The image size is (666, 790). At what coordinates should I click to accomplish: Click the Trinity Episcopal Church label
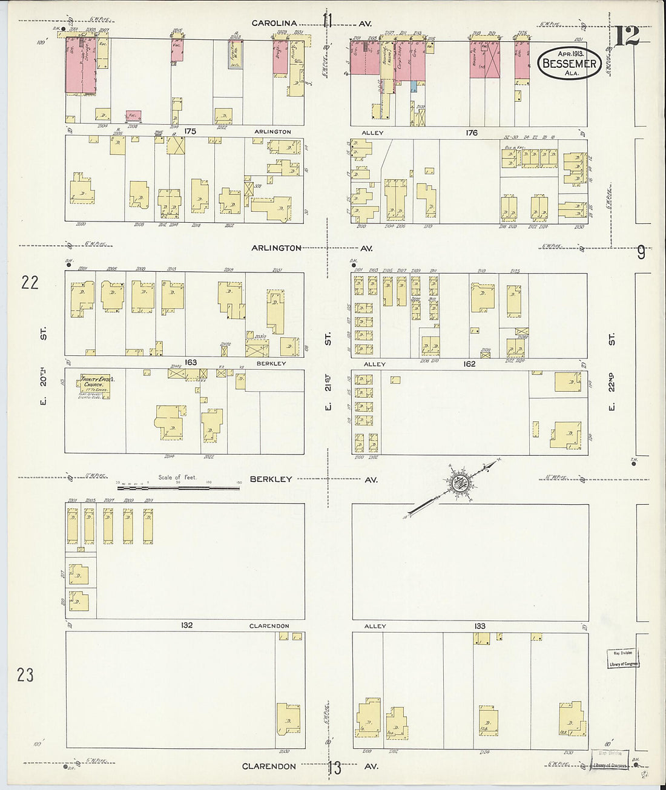tap(93, 385)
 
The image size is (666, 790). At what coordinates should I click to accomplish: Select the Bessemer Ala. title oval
tap(569, 64)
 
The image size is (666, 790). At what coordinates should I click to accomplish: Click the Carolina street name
tap(274, 24)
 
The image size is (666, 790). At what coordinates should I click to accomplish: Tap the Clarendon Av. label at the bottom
tap(269, 766)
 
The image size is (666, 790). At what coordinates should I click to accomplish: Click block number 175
tap(191, 131)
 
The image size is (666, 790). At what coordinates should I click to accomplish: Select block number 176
tap(472, 133)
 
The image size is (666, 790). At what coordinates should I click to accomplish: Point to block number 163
tap(191, 363)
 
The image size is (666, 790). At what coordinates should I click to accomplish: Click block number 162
tap(469, 364)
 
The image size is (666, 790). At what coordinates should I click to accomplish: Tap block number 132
tap(186, 625)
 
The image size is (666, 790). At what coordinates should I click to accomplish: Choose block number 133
tap(480, 626)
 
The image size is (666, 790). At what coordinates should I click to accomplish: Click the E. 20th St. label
tap(44, 366)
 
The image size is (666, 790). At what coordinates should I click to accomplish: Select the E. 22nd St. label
tap(612, 370)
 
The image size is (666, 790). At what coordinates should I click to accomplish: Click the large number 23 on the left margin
tap(25, 675)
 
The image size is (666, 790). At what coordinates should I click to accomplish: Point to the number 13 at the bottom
tap(334, 768)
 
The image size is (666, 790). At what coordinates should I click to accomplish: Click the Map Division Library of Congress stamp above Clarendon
tap(622, 658)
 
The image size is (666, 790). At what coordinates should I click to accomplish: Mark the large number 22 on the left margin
tap(30, 282)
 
